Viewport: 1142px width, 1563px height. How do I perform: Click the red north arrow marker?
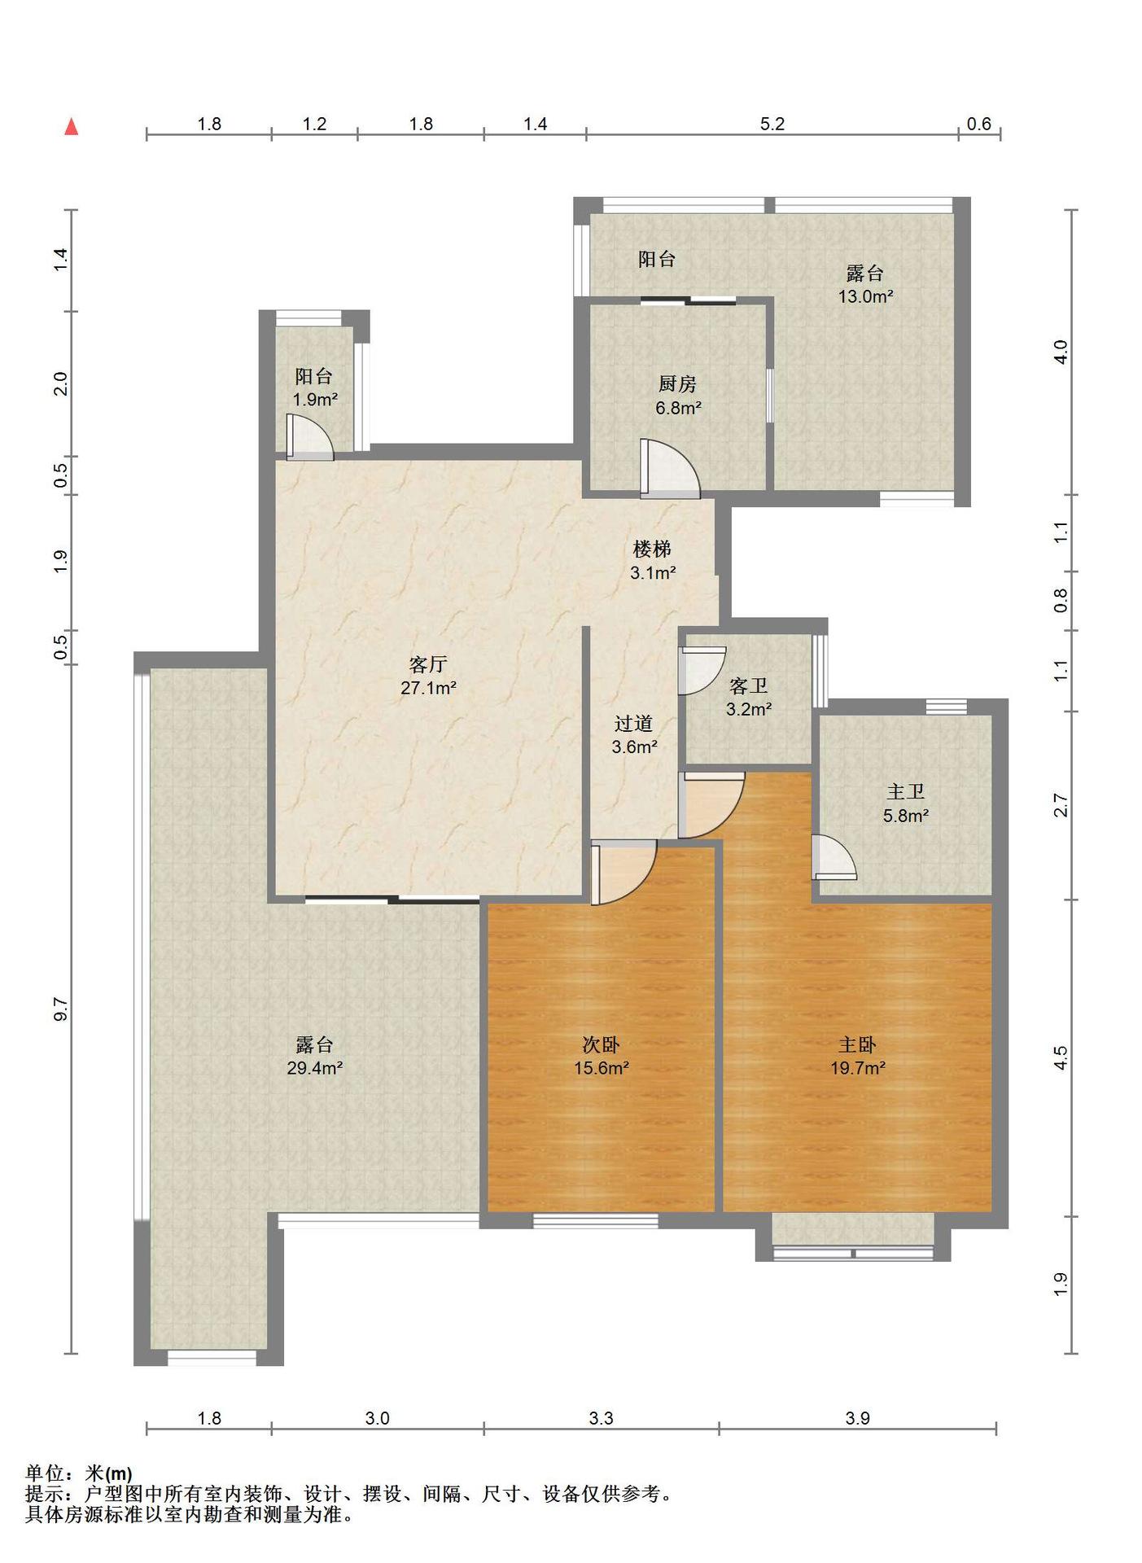[x=72, y=126]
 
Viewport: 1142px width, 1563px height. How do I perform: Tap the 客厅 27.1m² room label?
[x=428, y=676]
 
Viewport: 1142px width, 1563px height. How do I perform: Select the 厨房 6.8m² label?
[x=678, y=396]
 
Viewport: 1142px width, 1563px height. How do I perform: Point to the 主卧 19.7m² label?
[x=858, y=1056]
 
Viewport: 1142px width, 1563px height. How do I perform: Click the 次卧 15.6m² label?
[x=601, y=1056]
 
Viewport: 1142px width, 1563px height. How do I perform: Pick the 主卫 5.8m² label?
[x=906, y=803]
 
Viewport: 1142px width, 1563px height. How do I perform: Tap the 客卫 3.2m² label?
[x=749, y=698]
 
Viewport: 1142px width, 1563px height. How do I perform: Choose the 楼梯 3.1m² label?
[x=653, y=561]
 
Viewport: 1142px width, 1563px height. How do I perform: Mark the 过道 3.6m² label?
[x=634, y=735]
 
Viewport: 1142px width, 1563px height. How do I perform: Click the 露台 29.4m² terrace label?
[x=314, y=1056]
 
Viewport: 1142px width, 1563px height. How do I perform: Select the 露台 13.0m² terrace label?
[x=865, y=284]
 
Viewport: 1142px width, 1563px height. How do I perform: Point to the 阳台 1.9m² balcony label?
[x=315, y=387]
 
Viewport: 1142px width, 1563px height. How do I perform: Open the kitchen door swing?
[x=669, y=469]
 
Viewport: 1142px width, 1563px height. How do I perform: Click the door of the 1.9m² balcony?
[x=309, y=438]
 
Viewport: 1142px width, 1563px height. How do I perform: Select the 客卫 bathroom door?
[x=701, y=671]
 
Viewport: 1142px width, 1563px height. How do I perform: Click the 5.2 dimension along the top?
[x=772, y=124]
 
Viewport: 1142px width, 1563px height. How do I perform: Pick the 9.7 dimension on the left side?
[x=61, y=1009]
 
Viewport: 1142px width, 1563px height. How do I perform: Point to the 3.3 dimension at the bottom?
[x=601, y=1418]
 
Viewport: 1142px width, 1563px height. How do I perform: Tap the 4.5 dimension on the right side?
[x=1060, y=1057]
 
